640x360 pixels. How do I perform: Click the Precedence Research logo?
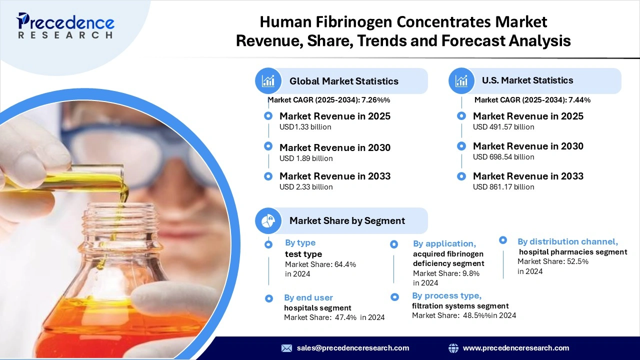pos(65,26)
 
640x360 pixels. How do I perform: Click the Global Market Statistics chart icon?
pos(268,81)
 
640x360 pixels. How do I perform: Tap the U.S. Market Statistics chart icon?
pos(461,80)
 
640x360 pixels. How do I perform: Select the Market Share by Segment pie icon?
pos(268,220)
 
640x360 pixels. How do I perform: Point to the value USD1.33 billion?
pos(305,127)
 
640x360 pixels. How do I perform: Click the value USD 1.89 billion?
pos(306,158)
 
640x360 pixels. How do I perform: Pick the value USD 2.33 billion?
pos(306,187)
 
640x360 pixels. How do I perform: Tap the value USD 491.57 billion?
pos(503,127)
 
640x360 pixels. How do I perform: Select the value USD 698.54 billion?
pos(503,157)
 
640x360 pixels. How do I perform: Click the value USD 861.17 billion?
pos(503,187)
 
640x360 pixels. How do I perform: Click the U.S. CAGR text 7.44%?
pos(579,100)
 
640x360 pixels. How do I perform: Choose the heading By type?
pos(300,243)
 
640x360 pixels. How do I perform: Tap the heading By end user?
pos(308,297)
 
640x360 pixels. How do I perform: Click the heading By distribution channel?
pos(567,241)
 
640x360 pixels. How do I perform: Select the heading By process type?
pos(446,295)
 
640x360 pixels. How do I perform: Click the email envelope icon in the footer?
pos(286,348)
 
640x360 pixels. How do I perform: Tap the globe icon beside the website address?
pos(453,348)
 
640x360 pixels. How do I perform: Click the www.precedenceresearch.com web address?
pos(516,348)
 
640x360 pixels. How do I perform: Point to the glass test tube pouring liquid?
pos(75,177)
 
